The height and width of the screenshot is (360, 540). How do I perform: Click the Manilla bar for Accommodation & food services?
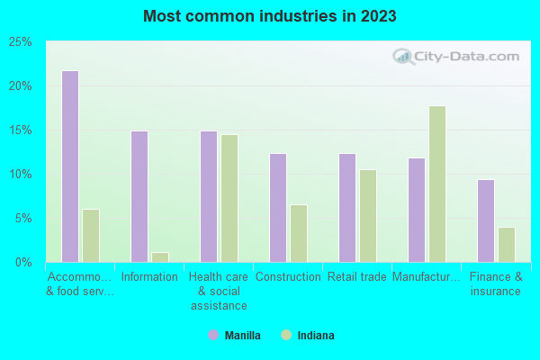tap(69, 166)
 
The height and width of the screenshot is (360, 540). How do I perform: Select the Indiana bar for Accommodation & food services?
tap(91, 236)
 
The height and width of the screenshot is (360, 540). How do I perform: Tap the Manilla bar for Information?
tap(139, 196)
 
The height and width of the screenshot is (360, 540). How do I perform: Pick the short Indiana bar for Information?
tap(160, 257)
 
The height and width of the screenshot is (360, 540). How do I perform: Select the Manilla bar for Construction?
tap(278, 208)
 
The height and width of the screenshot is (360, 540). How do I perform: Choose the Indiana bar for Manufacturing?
tap(437, 184)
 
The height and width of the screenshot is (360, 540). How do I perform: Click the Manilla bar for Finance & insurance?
tap(486, 220)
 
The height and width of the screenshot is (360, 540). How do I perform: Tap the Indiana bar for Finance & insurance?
tap(507, 245)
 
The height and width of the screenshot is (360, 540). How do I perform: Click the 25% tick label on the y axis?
tap(21, 42)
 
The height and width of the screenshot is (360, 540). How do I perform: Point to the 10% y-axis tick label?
tap(21, 175)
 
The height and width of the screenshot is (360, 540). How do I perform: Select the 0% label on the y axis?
tap(23, 263)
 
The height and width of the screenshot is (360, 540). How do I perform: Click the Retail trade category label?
tap(357, 277)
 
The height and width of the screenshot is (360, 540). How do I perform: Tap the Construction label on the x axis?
tap(288, 277)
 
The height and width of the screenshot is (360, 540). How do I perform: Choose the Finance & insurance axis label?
tap(496, 284)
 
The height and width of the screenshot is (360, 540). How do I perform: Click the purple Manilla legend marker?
tap(213, 336)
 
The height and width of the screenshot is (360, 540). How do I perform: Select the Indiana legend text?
tap(315, 336)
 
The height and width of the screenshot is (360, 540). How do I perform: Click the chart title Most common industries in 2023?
tap(269, 17)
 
